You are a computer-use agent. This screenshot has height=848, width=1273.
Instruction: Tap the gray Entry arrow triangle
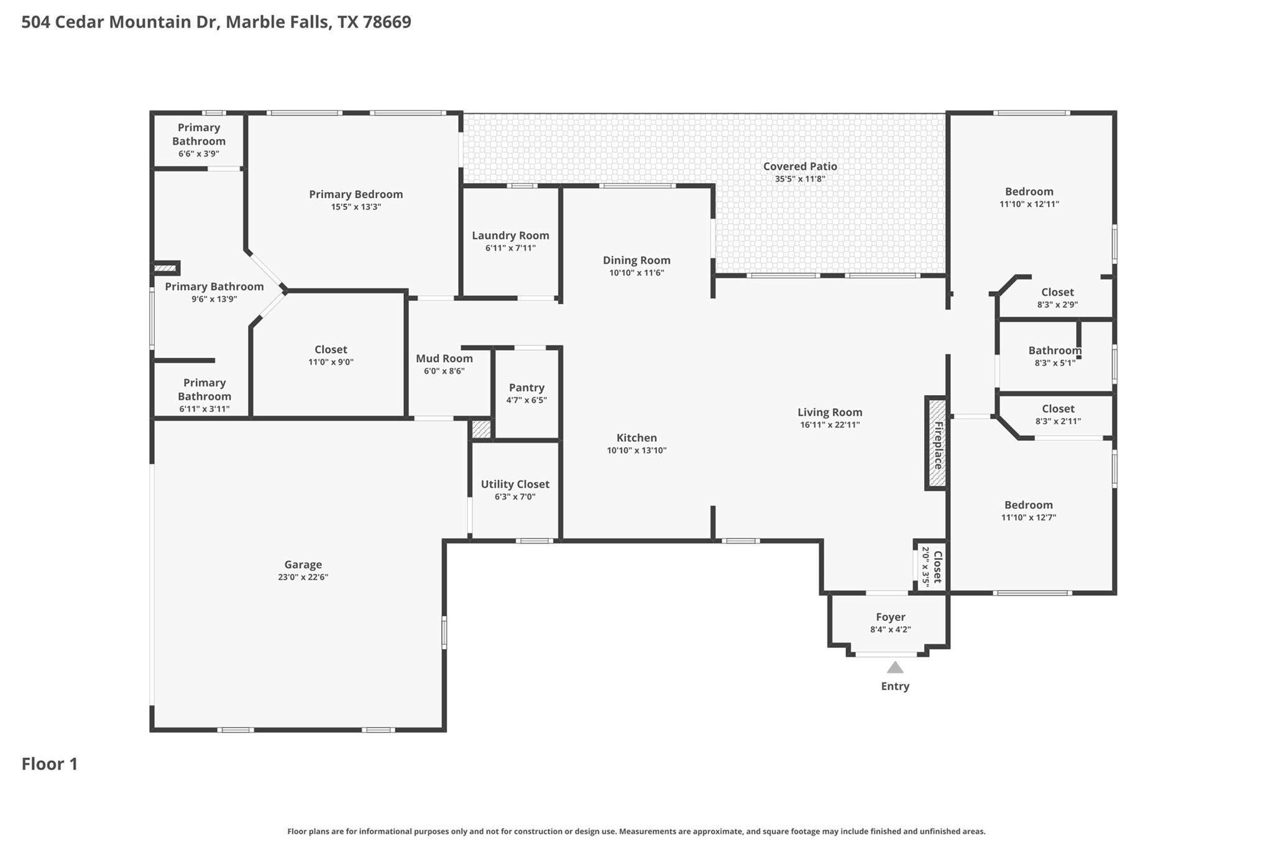[894, 668]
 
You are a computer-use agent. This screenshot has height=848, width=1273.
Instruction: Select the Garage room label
[303, 565]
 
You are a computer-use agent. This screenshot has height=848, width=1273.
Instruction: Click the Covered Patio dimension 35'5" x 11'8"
[800, 179]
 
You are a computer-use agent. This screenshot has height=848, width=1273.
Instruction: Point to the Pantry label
[526, 388]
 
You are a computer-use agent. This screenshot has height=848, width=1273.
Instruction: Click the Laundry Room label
[510, 235]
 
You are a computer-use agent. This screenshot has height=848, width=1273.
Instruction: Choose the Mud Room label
[444, 358]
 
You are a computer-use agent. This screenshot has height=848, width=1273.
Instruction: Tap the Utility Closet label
[515, 484]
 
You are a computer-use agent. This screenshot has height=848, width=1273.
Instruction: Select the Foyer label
[890, 617]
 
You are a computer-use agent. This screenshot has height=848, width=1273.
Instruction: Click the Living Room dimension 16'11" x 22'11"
[830, 425]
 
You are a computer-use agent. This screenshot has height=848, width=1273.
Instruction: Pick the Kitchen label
[636, 438]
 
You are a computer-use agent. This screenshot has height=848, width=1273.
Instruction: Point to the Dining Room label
[636, 260]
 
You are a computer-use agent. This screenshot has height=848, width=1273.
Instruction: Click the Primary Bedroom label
[356, 194]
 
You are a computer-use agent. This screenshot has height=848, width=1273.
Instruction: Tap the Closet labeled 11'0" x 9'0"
[331, 350]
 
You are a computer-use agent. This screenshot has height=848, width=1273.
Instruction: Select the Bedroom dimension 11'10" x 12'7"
[1028, 517]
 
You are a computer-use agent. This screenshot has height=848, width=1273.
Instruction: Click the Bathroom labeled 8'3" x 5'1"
[1054, 350]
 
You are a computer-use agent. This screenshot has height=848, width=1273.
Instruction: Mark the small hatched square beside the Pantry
[481, 429]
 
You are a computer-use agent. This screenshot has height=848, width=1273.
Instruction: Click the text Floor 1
[50, 764]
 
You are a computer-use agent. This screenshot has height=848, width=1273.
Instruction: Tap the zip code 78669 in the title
[387, 22]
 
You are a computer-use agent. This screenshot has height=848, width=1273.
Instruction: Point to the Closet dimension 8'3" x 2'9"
[1057, 305]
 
